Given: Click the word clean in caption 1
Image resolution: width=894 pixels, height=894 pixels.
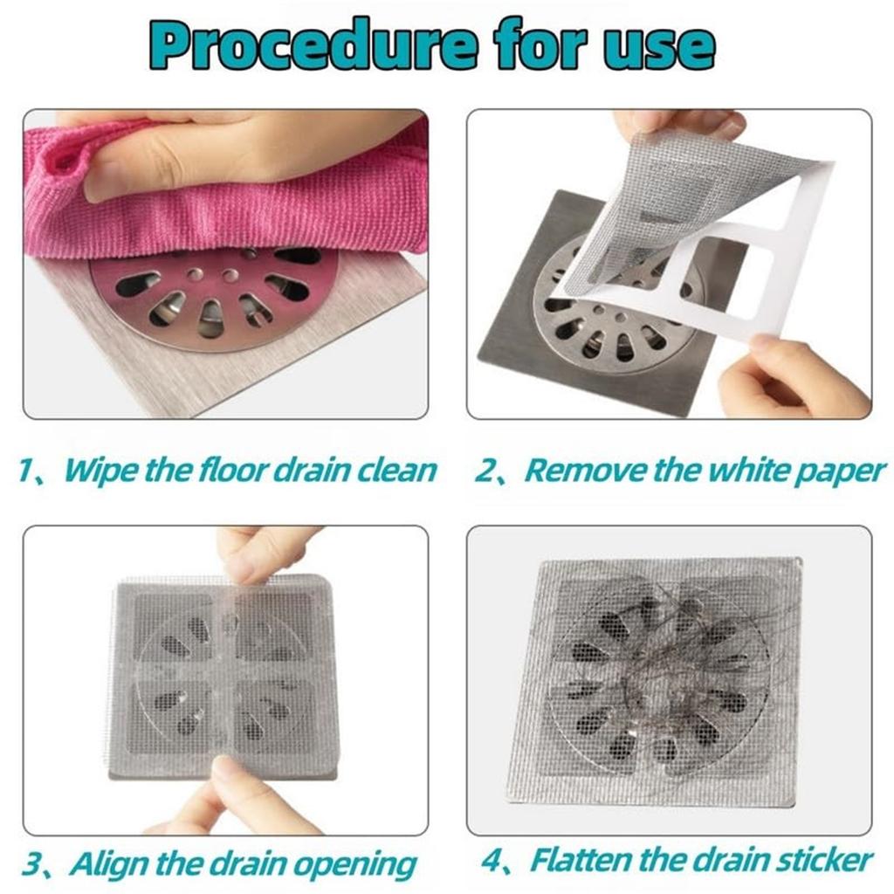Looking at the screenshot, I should pyautogui.click(x=393, y=471).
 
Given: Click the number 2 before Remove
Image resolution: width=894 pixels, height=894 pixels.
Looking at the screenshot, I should pyautogui.click(x=485, y=471).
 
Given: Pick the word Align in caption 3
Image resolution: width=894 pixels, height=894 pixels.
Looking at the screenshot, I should pyautogui.click(x=111, y=864).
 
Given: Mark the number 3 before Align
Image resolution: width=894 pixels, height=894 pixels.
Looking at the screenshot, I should pyautogui.click(x=31, y=865).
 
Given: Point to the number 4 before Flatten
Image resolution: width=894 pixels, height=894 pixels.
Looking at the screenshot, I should pyautogui.click(x=493, y=861).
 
